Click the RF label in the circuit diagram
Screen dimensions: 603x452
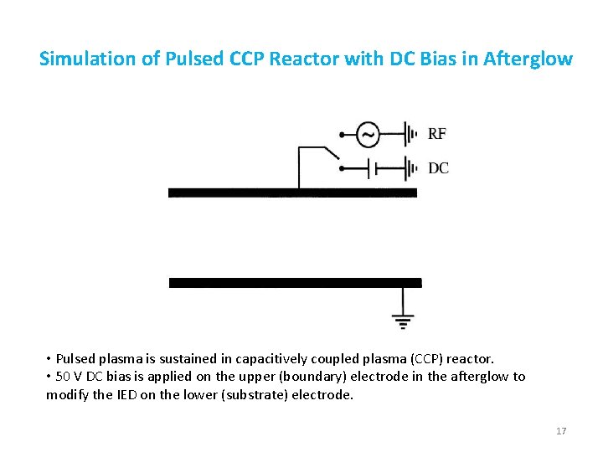pos(437,134)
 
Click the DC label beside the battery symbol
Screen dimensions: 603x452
pos(438,168)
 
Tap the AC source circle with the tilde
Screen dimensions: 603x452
pos(368,134)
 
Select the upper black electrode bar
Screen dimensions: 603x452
pos(292,193)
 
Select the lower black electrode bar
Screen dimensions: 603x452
pos(295,283)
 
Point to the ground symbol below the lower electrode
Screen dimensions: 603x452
pos(403,319)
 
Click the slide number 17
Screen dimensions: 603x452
pos(561,431)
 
